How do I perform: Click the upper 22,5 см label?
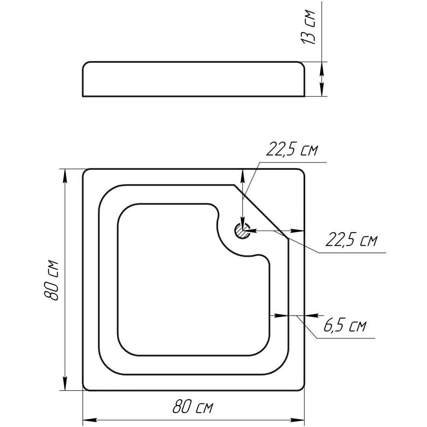tap(292, 149)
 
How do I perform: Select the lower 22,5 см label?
tap(351, 240)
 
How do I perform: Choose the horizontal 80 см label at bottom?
tap(193, 407)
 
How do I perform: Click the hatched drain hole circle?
tap(242, 231)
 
